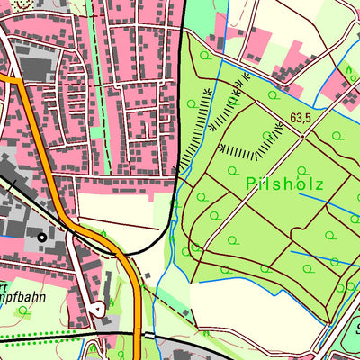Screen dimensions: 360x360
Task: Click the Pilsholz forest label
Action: click(x=283, y=184)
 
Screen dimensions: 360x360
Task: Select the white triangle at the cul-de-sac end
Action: click(x=97, y=307)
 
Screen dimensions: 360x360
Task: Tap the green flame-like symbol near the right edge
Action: click(x=349, y=69)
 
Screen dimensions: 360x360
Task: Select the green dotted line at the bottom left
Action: click(x=36, y=340)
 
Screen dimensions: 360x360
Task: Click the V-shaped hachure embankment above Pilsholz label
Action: click(x=247, y=144)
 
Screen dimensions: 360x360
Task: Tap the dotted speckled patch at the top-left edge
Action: click(x=13, y=4)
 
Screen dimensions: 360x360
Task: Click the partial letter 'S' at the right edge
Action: click(x=356, y=326)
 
